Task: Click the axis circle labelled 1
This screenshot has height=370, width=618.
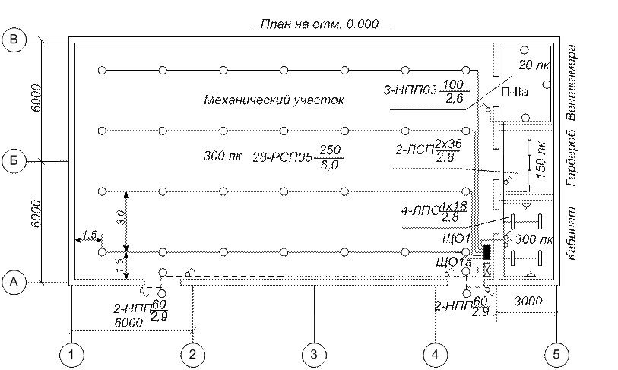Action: (x=71, y=353)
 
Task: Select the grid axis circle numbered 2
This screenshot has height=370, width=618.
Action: (x=193, y=353)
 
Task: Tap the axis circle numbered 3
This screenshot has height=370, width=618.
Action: (x=313, y=353)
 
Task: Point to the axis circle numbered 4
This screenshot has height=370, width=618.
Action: (x=435, y=353)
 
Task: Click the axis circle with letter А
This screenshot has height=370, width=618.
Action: (x=14, y=283)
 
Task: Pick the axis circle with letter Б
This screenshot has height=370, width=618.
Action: (x=14, y=161)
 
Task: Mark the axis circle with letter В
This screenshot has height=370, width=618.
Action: (x=14, y=40)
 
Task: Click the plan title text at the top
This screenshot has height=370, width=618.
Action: (x=319, y=25)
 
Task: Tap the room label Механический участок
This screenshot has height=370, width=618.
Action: (x=274, y=100)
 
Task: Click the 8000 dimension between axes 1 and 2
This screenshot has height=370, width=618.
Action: (x=129, y=322)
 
